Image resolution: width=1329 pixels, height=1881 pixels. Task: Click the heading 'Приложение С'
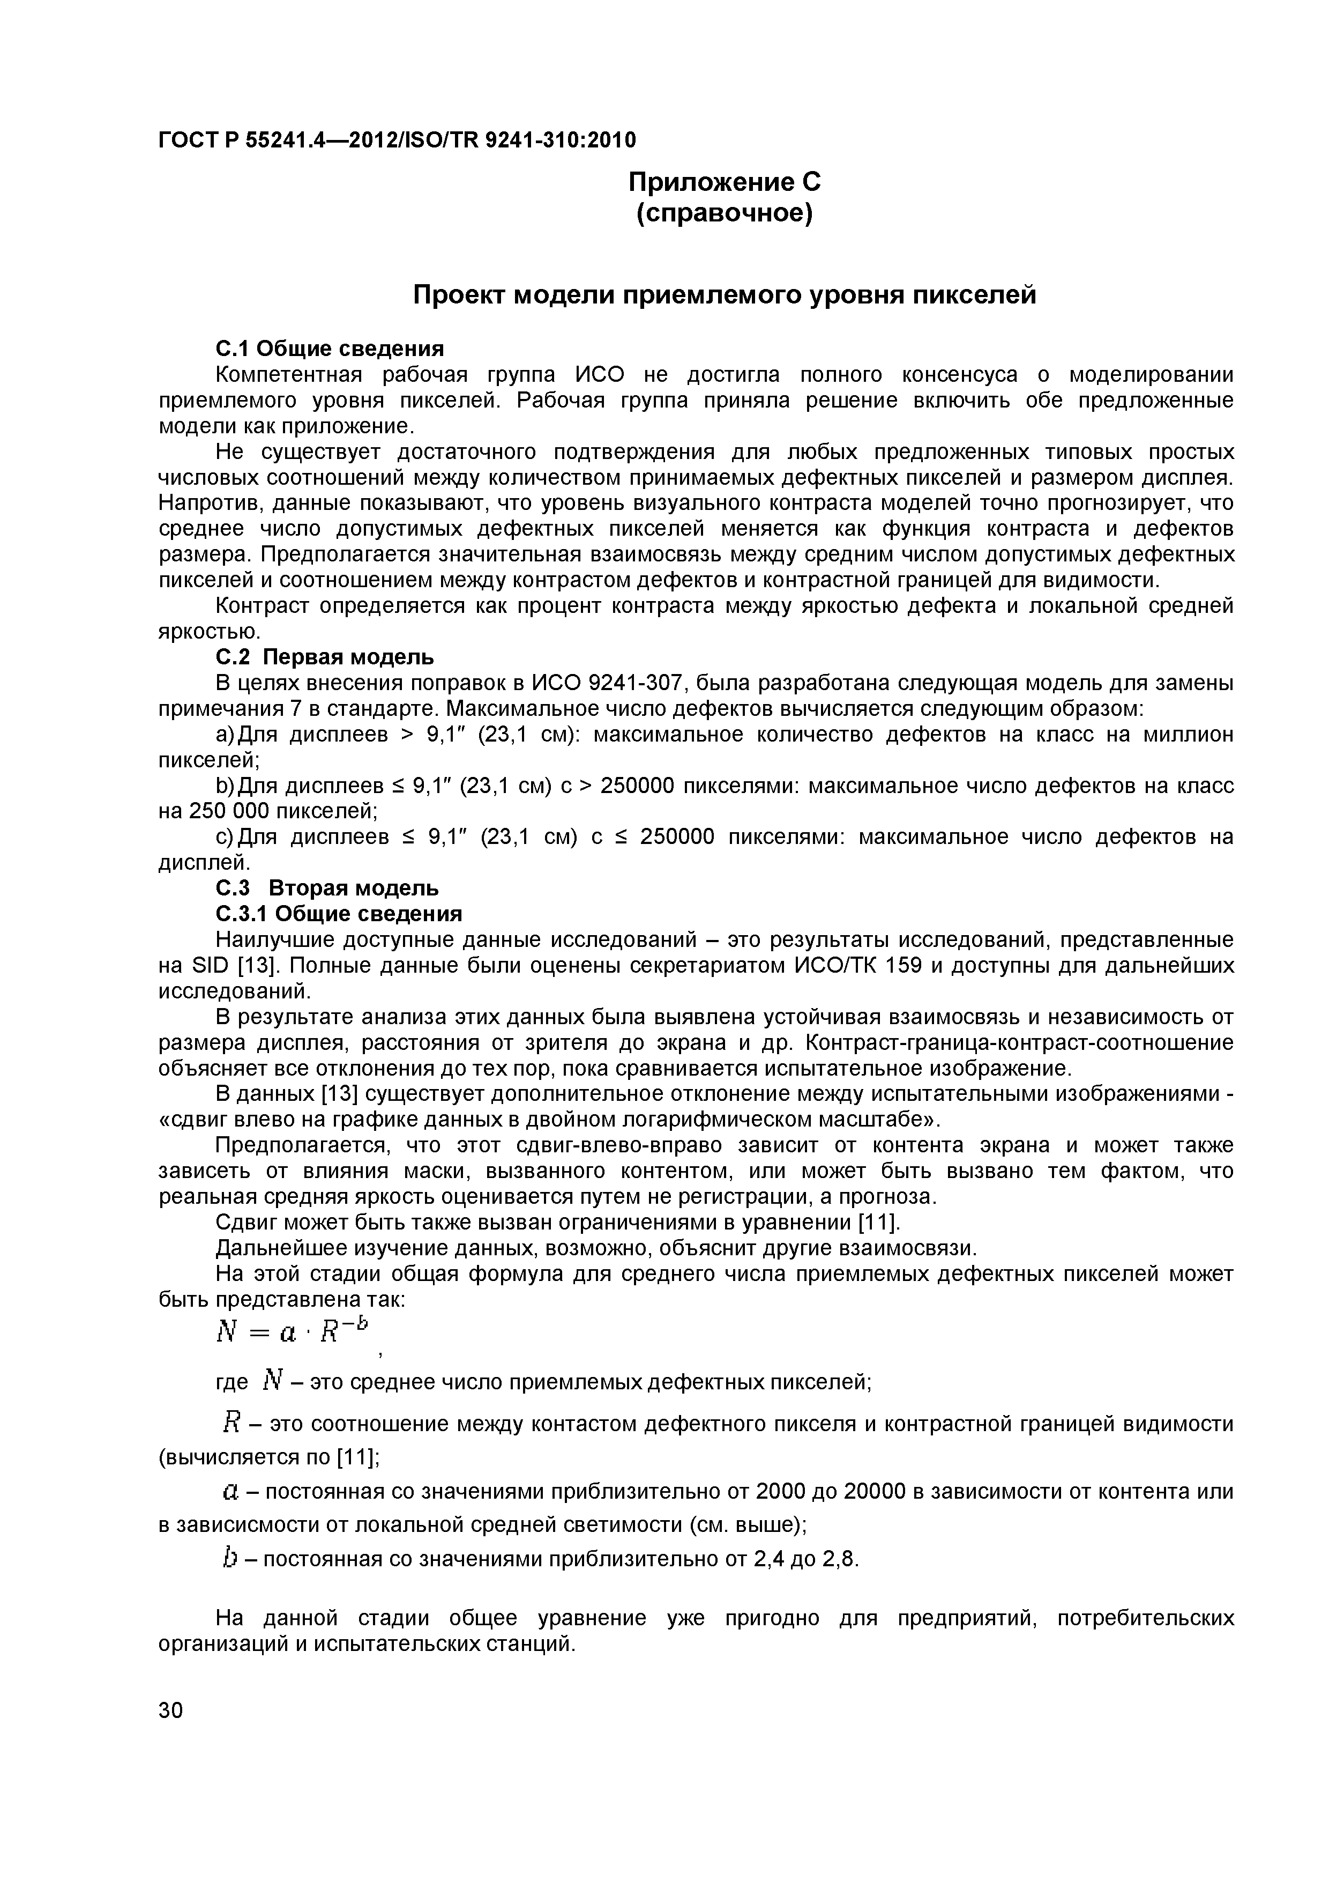pyautogui.click(x=724, y=182)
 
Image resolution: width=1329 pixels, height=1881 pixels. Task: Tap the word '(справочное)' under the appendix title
pyautogui.click(x=724, y=214)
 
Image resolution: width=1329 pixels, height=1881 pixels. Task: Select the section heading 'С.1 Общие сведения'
pyautogui.click(x=329, y=349)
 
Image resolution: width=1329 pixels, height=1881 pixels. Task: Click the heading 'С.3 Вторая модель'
pyautogui.click(x=327, y=888)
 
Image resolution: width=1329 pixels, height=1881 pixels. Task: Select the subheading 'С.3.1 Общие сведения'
pyautogui.click(x=338, y=914)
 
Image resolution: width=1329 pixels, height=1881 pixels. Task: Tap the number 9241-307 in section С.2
pyautogui.click(x=632, y=683)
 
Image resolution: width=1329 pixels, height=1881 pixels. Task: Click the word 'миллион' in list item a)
pyautogui.click(x=1186, y=735)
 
